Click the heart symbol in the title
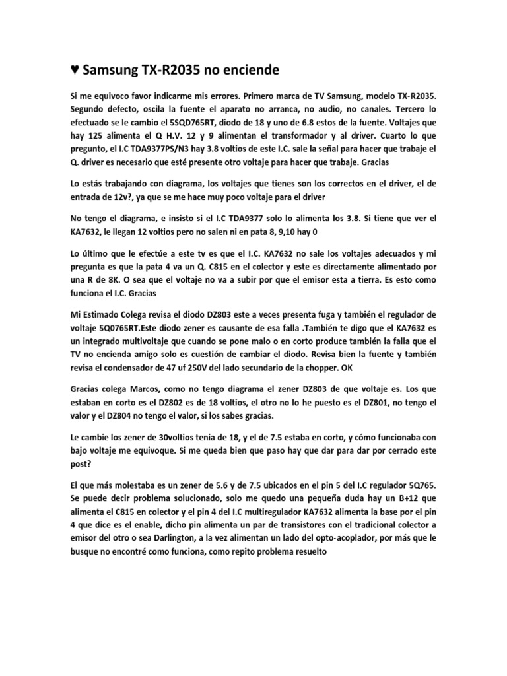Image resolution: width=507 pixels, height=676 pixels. (76, 69)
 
